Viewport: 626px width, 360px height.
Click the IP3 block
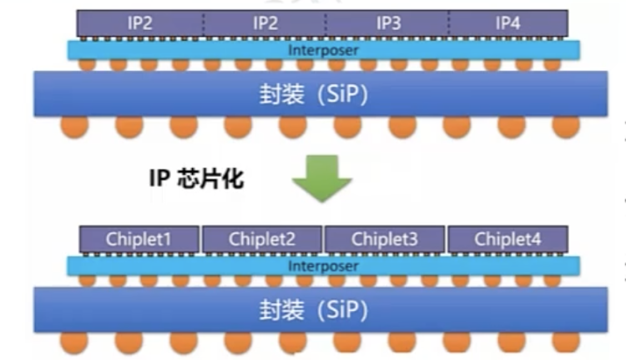point(387,23)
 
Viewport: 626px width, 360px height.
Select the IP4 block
point(507,23)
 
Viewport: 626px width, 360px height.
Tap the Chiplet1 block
point(139,239)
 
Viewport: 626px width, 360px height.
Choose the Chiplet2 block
point(262,239)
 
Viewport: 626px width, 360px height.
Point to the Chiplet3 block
point(385,239)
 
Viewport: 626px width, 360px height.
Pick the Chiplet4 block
point(507,239)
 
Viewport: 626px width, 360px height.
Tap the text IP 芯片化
point(195,178)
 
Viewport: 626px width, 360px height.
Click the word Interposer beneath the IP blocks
point(323,50)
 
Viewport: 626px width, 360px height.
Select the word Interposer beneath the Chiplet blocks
point(323,266)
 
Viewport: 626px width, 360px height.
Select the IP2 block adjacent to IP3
point(265,23)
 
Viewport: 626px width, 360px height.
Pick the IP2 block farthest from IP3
point(139,23)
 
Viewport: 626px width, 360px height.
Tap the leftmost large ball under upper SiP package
point(75,126)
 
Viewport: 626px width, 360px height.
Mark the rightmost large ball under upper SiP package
point(566,126)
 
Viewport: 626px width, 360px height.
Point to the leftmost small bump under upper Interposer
point(87,64)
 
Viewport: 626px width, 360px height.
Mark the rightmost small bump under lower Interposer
point(552,280)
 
